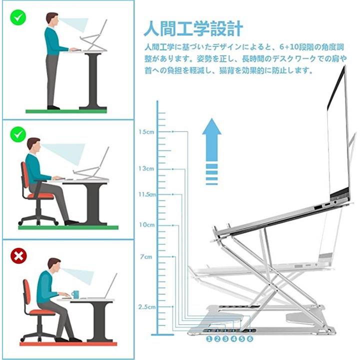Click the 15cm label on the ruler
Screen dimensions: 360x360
(x=146, y=132)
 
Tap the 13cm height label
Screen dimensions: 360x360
(x=146, y=168)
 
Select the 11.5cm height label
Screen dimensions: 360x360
(x=147, y=194)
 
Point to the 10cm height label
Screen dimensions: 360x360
(x=146, y=225)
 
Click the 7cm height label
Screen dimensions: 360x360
(x=146, y=256)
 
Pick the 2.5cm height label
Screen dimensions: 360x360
(x=147, y=307)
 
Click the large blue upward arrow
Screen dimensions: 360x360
(x=211, y=151)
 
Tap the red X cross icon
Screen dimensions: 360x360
(x=18, y=256)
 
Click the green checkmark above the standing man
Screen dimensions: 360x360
(x=18, y=17)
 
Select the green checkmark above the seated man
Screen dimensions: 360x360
(x=18, y=134)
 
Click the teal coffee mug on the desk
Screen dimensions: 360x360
(x=75, y=294)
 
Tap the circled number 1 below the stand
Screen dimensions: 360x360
(x=209, y=338)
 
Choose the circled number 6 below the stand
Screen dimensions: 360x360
(x=250, y=338)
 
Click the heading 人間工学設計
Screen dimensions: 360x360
(x=193, y=28)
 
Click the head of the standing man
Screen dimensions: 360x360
(x=52, y=19)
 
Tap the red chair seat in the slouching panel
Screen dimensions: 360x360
(x=42, y=312)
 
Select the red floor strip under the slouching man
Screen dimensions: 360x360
(x=68, y=344)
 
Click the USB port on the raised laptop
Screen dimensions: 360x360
(x=318, y=207)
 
